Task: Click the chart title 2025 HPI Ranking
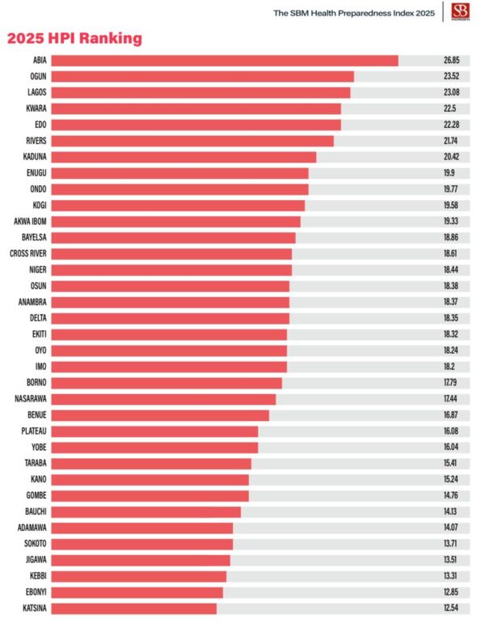click(x=74, y=38)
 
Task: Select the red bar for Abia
click(x=225, y=61)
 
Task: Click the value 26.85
click(x=451, y=61)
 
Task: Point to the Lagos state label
click(x=36, y=93)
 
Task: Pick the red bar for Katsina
click(x=134, y=608)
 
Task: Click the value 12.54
click(x=451, y=608)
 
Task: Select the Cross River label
click(x=27, y=253)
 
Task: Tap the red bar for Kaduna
click(x=183, y=157)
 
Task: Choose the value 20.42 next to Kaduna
click(x=451, y=157)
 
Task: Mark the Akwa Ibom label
click(x=30, y=222)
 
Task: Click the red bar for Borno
click(x=167, y=383)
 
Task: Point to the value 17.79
click(x=451, y=383)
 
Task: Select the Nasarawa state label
click(x=31, y=399)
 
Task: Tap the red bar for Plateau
click(x=154, y=431)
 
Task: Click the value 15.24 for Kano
click(x=451, y=479)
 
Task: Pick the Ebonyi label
click(x=35, y=592)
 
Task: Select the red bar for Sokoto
click(x=142, y=544)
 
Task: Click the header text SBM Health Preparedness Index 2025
click(x=354, y=13)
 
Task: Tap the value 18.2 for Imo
click(x=451, y=367)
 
